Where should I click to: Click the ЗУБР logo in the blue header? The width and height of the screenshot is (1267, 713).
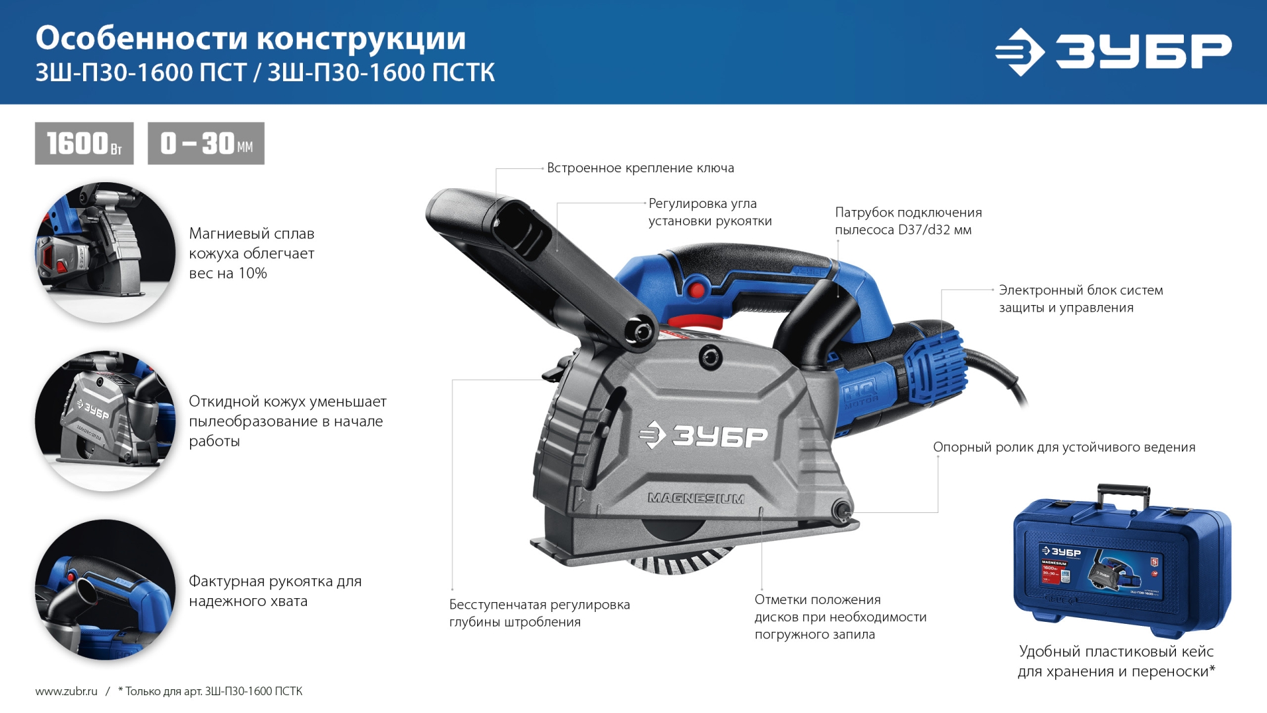tap(1113, 51)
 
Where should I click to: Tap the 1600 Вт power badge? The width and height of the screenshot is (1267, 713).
tap(84, 143)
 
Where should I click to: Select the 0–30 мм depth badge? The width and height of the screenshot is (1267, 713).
tap(206, 143)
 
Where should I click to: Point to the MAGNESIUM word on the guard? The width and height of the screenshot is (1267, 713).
tap(696, 498)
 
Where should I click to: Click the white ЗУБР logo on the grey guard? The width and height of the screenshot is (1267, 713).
tap(703, 436)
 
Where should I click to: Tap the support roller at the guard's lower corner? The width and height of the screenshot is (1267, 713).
tap(841, 509)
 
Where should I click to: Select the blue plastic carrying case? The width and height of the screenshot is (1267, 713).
tap(1122, 568)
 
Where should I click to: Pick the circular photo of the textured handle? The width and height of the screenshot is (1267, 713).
tap(106, 590)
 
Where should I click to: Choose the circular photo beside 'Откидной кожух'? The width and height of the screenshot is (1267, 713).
tap(106, 421)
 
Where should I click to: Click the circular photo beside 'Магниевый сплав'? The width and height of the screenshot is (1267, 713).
tap(106, 253)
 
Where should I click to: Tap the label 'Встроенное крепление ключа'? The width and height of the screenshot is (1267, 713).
tap(640, 168)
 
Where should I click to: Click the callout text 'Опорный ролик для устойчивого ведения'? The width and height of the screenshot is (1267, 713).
tap(1064, 448)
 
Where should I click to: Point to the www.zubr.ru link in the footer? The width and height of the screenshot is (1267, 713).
tap(66, 691)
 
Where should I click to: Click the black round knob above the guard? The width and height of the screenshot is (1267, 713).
tap(711, 358)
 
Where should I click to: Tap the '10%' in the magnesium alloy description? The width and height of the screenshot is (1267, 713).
tap(252, 273)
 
